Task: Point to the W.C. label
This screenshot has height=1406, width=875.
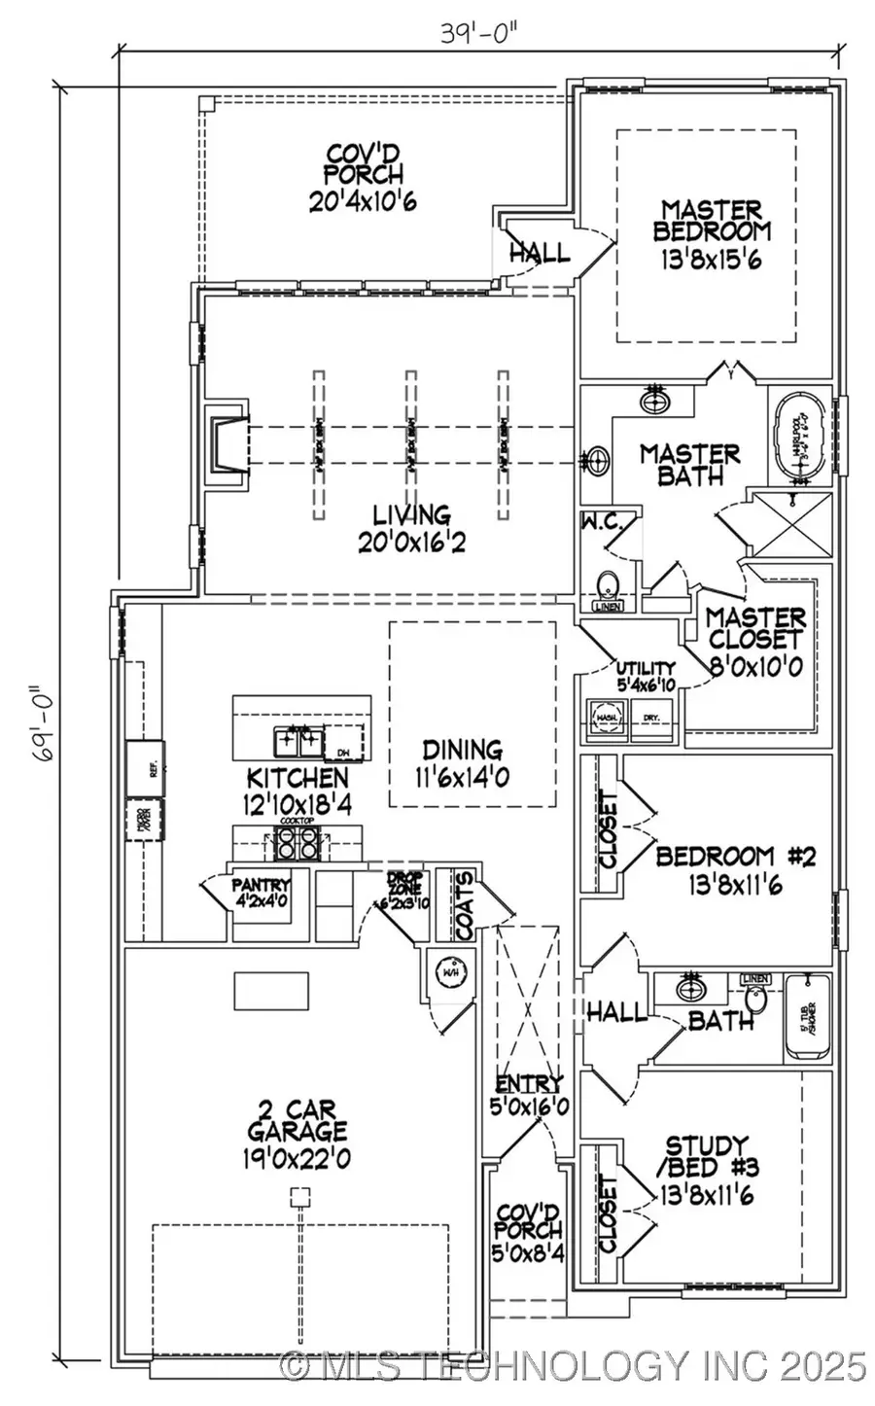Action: click(608, 524)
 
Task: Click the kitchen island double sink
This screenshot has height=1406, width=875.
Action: click(297, 743)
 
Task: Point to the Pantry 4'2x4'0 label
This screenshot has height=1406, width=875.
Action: click(261, 892)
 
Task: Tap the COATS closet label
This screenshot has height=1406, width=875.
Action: click(465, 904)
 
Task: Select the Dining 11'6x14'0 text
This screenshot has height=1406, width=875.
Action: click(462, 763)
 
